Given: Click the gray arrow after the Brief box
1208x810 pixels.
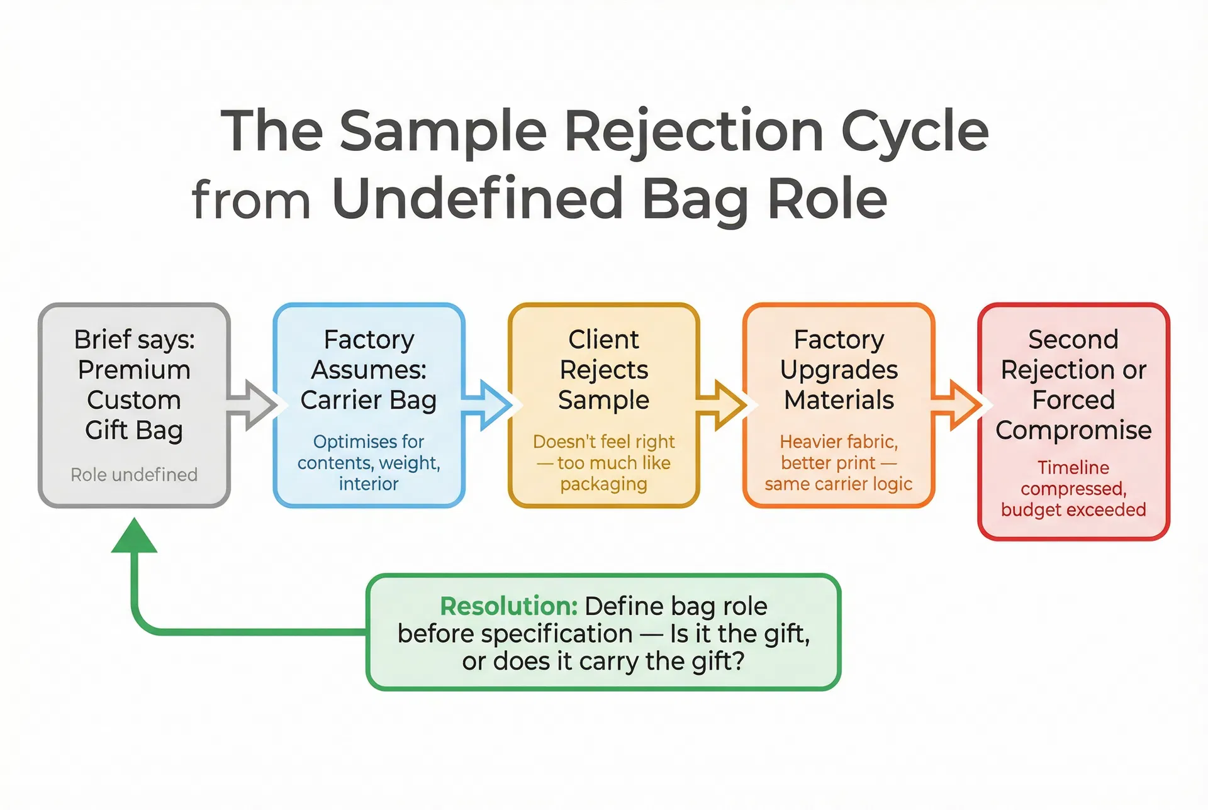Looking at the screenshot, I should click(252, 405).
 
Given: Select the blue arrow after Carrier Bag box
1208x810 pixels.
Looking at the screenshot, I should click(487, 405).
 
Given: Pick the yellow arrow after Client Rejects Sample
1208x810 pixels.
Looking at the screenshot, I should click(722, 405).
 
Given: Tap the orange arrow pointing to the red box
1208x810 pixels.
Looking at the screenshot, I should click(956, 405).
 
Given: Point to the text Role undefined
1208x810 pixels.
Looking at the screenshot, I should click(134, 475).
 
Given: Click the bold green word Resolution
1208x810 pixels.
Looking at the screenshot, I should click(508, 606).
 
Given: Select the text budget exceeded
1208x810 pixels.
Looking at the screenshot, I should click(1073, 509).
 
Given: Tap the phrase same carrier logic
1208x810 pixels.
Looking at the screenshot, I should click(838, 484).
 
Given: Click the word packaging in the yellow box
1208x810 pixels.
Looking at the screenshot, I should click(603, 484).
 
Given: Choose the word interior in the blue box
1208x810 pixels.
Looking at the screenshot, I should click(369, 484).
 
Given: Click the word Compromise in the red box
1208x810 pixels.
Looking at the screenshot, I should click(1073, 430).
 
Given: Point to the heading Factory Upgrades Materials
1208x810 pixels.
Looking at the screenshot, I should click(839, 370).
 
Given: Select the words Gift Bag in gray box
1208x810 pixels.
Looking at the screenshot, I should click(134, 430).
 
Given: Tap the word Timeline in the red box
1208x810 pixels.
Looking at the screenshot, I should click(1073, 467).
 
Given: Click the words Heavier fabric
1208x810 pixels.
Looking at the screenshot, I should click(838, 441).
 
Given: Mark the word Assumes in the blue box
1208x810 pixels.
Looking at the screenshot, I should click(369, 370).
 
